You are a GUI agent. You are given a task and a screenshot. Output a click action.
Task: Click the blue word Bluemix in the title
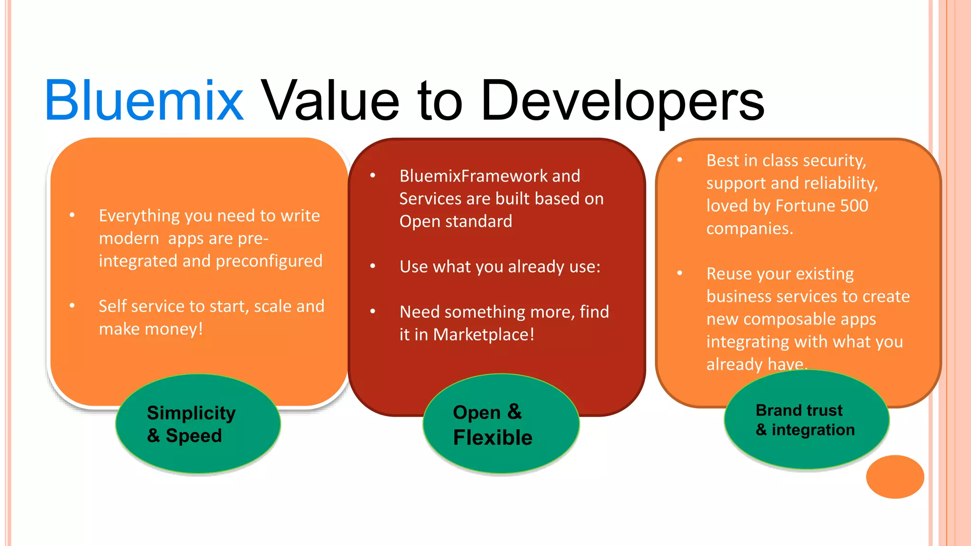144,100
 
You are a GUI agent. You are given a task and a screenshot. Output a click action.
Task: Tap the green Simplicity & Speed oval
198,424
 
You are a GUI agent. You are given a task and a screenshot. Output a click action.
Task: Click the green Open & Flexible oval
501,424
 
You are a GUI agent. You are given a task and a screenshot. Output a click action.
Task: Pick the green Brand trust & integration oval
806,420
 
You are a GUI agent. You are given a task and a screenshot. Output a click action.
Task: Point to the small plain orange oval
895,476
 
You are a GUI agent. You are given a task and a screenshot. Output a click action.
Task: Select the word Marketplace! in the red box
484,335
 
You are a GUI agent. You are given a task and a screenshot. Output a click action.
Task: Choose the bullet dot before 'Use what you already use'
373,266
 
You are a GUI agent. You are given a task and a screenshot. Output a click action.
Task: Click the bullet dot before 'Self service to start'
72,306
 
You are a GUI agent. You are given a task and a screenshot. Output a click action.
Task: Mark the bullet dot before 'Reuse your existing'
680,273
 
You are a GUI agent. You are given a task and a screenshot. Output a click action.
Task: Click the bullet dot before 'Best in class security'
680,160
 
